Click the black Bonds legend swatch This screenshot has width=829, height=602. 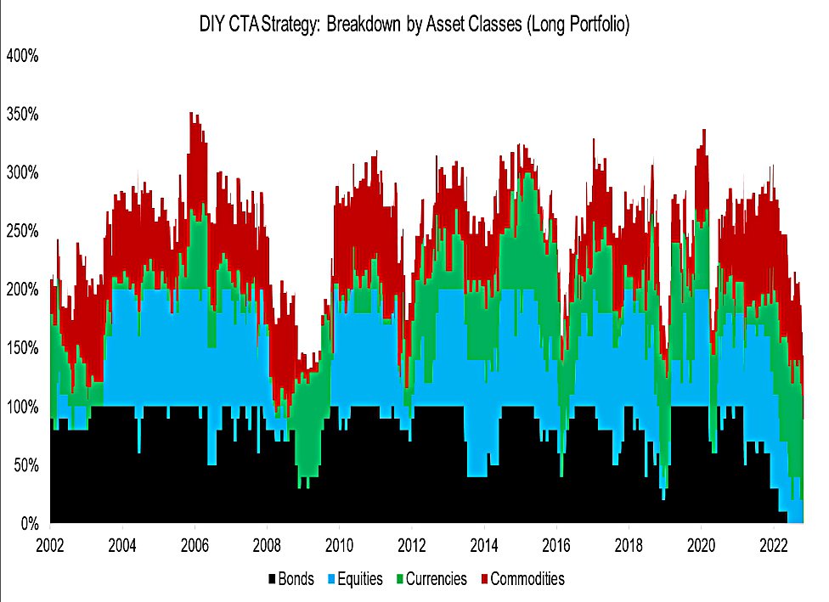[x=272, y=580]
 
